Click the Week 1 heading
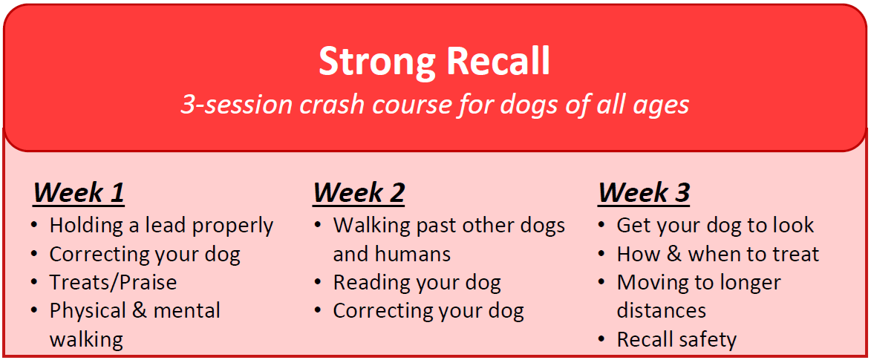(79, 193)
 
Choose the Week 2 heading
(359, 193)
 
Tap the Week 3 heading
(644, 193)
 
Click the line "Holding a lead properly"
(162, 226)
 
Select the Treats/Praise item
(114, 282)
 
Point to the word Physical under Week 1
(88, 311)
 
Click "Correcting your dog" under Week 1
(145, 255)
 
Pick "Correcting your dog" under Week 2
(428, 311)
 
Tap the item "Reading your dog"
(417, 283)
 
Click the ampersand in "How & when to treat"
(673, 255)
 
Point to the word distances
(662, 310)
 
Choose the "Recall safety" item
(676, 339)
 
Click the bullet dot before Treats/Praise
(36, 283)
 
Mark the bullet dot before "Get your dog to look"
(602, 226)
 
